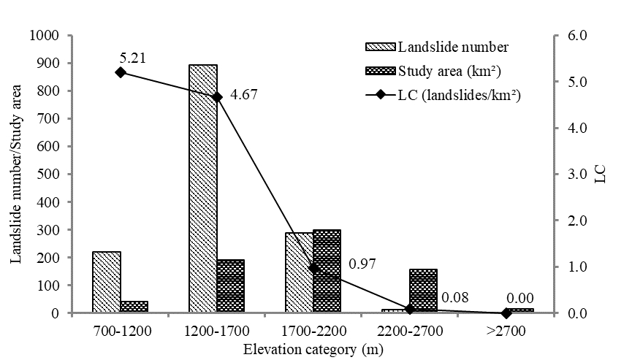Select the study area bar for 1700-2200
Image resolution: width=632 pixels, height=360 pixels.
pyautogui.click(x=327, y=271)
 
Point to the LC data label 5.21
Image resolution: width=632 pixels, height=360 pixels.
pyautogui.click(x=132, y=57)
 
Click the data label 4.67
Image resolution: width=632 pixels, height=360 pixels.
pyautogui.click(x=244, y=96)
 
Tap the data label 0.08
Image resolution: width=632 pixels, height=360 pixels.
pyautogui.click(x=454, y=298)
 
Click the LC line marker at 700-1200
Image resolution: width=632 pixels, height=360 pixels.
pyautogui.click(x=121, y=72)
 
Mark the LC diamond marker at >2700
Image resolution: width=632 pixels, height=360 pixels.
pyautogui.click(x=506, y=313)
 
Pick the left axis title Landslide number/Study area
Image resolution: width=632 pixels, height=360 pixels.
pyautogui.click(x=16, y=174)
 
